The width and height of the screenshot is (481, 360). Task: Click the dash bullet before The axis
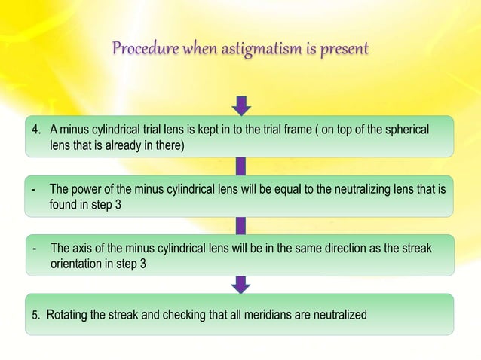[35, 248]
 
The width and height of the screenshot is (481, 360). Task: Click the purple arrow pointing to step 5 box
[241, 283]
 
